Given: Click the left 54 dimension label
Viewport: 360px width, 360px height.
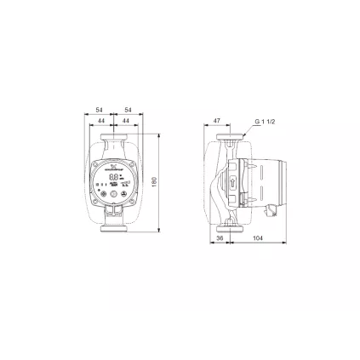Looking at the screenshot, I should click(99, 111).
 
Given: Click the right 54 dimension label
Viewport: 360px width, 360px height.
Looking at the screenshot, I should click(129, 111).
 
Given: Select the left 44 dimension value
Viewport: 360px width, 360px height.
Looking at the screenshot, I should click(102, 121).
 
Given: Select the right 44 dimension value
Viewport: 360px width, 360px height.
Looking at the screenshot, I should click(125, 121).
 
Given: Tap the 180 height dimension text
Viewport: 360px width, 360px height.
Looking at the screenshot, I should click(155, 182).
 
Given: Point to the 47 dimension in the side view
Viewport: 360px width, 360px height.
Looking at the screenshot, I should click(216, 121).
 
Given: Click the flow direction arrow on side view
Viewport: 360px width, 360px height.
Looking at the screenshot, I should click(228, 182).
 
